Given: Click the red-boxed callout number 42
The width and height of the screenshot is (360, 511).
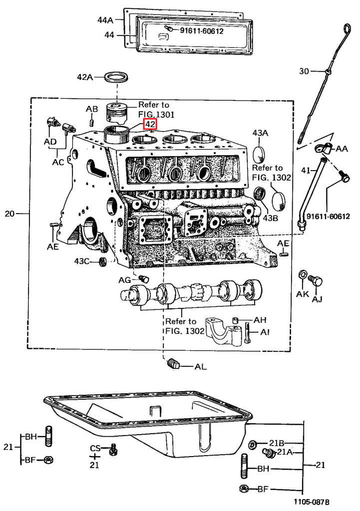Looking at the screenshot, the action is pos(150,124).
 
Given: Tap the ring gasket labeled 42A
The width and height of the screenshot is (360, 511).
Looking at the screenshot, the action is pos(116,78).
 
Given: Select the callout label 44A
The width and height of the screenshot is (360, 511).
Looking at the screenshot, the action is pos(105,20).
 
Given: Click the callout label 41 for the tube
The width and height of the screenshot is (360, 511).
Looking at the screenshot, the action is pos(305,171).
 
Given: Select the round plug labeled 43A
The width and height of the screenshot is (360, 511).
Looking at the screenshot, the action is pos(260,154).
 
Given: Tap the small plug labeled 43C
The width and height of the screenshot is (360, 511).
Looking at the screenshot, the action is pos(103,261).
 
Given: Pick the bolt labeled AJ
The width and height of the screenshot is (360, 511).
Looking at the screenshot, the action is pos(315,280).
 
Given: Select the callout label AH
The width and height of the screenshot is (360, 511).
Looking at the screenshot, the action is pos(260,320).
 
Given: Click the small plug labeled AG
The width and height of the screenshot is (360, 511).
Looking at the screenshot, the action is pos(143,278).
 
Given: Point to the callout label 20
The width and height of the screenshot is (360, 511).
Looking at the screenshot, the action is pos(9,214).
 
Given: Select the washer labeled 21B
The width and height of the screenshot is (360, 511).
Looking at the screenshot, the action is pos(252,445).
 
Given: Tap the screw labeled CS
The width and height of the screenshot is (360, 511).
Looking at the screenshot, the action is pos(114,450).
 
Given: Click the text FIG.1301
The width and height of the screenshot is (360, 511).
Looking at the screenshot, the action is pos(156,114).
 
